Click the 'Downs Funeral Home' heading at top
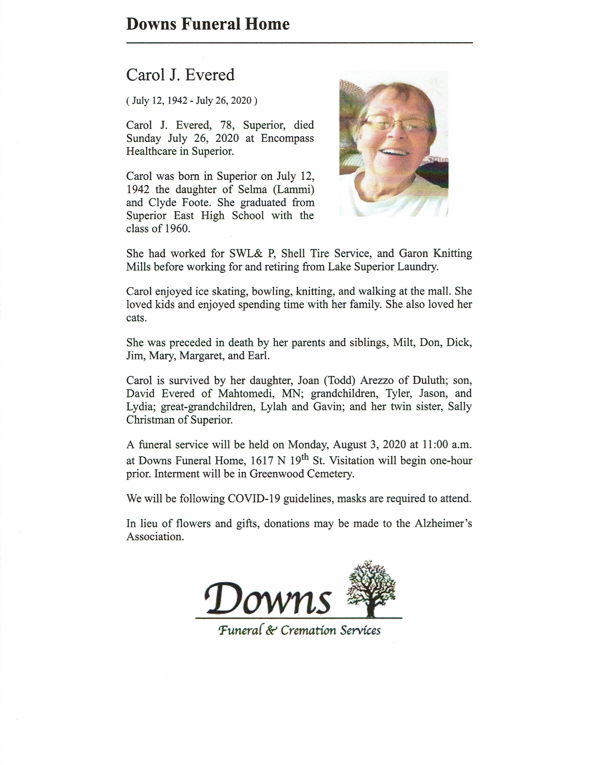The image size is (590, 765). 208,25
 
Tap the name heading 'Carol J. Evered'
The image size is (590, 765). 180,75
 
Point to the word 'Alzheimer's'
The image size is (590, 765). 443,524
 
